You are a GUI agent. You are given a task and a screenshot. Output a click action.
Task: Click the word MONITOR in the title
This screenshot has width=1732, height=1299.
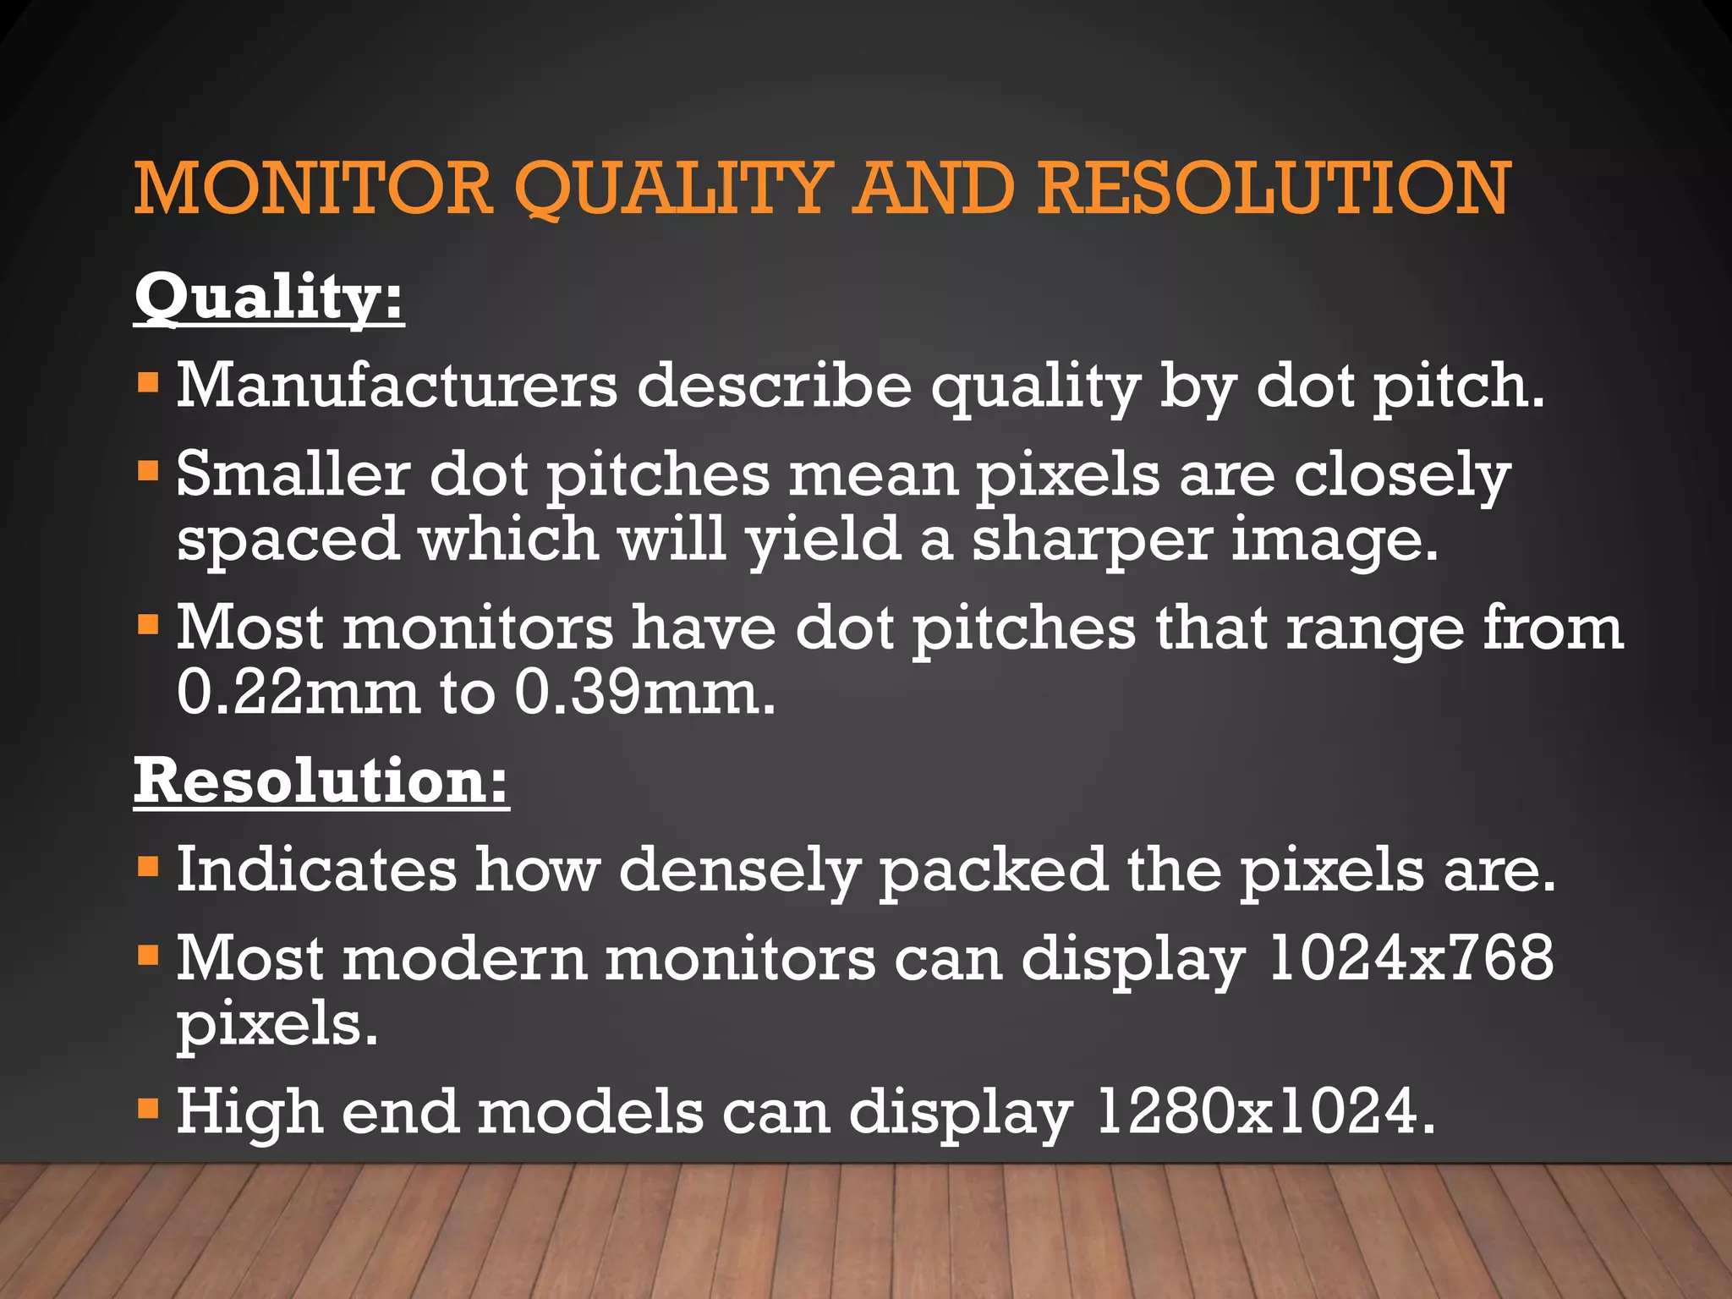pyautogui.click(x=313, y=188)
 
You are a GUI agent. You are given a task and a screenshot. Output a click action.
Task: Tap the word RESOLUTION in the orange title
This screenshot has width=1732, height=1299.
pyautogui.click(x=1274, y=188)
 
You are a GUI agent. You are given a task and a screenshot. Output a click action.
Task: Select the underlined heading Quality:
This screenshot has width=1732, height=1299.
pyautogui.click(x=269, y=298)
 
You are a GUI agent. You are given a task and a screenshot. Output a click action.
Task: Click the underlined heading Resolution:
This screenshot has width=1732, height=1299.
pyautogui.click(x=321, y=781)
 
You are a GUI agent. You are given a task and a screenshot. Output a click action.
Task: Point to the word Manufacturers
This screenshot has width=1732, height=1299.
pyautogui.click(x=397, y=386)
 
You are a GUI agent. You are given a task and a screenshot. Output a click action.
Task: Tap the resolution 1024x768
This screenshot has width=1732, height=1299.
pyautogui.click(x=1411, y=959)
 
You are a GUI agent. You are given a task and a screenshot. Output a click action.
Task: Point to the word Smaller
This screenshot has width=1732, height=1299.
pyautogui.click(x=293, y=474)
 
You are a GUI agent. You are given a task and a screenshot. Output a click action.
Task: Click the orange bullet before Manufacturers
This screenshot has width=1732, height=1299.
pyautogui.click(x=148, y=383)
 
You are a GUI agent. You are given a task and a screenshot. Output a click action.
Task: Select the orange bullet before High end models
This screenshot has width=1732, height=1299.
pyautogui.click(x=148, y=1108)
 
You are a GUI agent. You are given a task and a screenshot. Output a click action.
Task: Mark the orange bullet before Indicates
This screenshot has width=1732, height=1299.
pyautogui.click(x=148, y=867)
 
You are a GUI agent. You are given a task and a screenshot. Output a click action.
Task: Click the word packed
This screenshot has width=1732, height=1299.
pyautogui.click(x=993, y=871)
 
